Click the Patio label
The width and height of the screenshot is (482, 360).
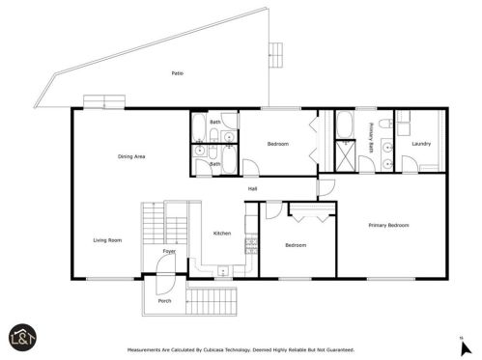click(x=178, y=73)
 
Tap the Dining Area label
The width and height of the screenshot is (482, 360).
click(x=131, y=156)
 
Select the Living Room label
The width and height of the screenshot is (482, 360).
click(x=107, y=240)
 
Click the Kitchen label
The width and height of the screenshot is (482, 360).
click(x=222, y=234)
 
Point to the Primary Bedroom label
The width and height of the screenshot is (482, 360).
click(x=388, y=225)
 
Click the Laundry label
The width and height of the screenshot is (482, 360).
click(x=421, y=144)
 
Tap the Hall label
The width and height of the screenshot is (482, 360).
click(x=252, y=189)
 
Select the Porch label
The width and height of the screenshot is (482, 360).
click(x=164, y=301)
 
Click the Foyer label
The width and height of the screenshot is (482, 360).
click(x=169, y=251)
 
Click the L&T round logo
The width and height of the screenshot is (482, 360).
click(x=22, y=338)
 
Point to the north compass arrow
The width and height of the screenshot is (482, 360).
click(x=466, y=348)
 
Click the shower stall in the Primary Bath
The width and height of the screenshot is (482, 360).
click(x=346, y=156)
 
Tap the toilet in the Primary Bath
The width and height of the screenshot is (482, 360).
click(x=385, y=124)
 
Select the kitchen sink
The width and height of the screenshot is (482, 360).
click(x=223, y=271)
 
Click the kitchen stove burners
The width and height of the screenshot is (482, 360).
click(x=251, y=246)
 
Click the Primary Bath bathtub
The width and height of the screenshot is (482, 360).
click(x=345, y=125)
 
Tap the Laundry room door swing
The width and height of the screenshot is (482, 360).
click(x=410, y=164)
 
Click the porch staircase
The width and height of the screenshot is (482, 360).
click(x=212, y=301)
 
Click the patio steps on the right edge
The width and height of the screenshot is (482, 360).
click(x=276, y=55)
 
